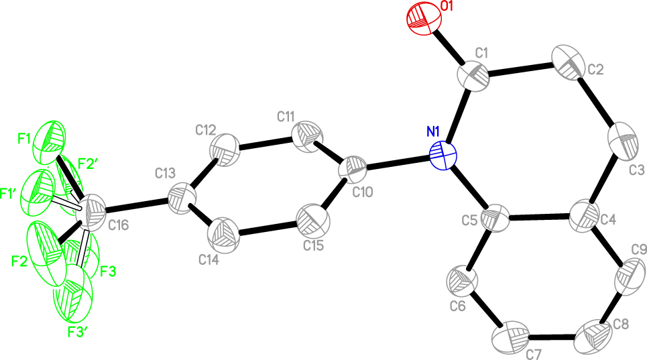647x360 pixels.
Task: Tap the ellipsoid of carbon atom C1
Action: tap(473, 76)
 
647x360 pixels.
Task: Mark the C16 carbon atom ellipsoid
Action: tap(91, 212)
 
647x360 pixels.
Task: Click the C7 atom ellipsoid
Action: tap(511, 337)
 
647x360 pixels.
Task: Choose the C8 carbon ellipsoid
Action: tap(593, 337)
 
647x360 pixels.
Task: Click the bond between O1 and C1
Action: tap(449, 47)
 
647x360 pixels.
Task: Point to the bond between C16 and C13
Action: tap(137, 206)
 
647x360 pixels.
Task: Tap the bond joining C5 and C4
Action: tap(539, 217)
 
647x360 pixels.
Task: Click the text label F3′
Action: tap(78, 333)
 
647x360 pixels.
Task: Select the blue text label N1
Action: tap(433, 132)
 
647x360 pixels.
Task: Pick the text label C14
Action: tap(208, 260)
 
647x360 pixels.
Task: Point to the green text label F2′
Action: tap(88, 164)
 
